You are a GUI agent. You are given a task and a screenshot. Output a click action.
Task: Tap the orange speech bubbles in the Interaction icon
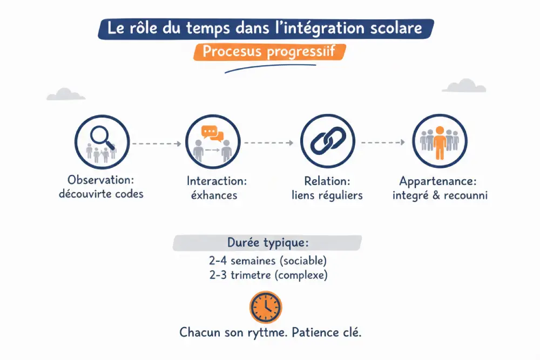pos(212,133)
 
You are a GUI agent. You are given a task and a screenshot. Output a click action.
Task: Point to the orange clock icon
pos(266,307)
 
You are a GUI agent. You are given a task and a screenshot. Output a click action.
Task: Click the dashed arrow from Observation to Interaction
pos(157,144)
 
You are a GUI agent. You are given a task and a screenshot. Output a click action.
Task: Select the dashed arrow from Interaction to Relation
pos(268,143)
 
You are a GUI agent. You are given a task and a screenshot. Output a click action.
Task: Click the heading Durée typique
pos(267,243)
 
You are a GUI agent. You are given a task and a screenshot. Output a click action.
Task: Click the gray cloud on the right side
pos(463,86)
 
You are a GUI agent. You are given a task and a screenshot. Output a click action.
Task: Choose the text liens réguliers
pos(327,195)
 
